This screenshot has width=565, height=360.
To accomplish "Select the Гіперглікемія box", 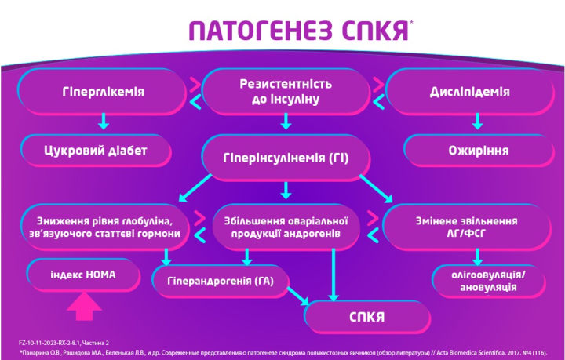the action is tap(103, 92).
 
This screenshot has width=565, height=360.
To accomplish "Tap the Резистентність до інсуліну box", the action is tap(286, 92).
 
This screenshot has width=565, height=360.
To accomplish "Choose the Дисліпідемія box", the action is tap(469, 92).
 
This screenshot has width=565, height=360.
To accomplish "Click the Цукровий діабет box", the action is tap(96, 151).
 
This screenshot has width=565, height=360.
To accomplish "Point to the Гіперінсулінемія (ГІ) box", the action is tap(286, 158).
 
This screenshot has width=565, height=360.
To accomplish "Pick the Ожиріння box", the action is tap(479, 151).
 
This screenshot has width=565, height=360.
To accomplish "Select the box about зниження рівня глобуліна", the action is tap(104, 227).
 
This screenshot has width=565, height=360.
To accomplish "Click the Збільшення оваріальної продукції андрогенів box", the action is tap(286, 227).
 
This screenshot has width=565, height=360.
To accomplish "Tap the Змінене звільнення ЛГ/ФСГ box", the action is tap(467, 227).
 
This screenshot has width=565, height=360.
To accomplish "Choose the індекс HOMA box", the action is tap(83, 275).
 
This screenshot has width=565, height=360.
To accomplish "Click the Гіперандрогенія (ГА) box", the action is tap(221, 281).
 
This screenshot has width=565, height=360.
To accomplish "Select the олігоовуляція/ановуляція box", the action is tap(488, 281).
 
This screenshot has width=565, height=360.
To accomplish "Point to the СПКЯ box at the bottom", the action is tap(366, 317).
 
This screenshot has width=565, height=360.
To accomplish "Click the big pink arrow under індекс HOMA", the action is tap(84, 307).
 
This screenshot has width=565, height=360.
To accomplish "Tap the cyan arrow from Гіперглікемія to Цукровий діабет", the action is tap(104, 122).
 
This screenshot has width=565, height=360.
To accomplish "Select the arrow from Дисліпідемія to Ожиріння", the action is tap(477, 122).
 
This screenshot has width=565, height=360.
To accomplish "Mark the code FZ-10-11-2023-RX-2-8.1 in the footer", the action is tap(48, 343).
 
